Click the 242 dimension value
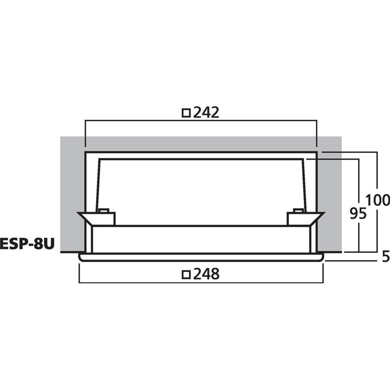click(x=206, y=113)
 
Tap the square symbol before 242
click(x=186, y=113)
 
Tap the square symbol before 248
click(x=186, y=275)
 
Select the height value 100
click(x=378, y=200)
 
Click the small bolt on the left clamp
click(x=103, y=210)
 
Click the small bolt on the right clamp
click(x=297, y=210)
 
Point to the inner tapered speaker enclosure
click(x=200, y=184)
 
